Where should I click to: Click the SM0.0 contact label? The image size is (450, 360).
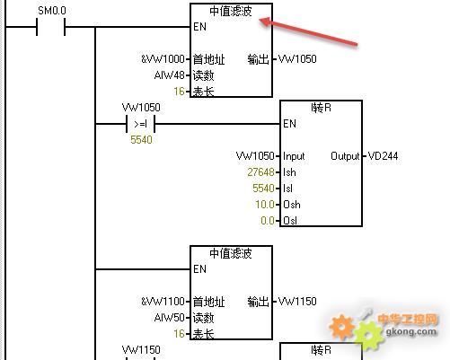(x=52, y=11)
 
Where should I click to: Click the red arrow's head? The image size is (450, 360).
(x=265, y=22)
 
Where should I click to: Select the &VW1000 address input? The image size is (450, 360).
(x=163, y=59)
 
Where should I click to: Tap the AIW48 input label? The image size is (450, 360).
(x=169, y=75)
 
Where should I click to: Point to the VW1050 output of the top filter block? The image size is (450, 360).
(x=297, y=59)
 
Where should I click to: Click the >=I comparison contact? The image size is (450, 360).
(x=140, y=124)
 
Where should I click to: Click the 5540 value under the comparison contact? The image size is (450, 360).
(x=141, y=140)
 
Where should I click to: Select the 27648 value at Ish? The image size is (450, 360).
(x=260, y=172)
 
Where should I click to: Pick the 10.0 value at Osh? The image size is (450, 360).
(x=265, y=205)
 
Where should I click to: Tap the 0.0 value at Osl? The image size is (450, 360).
(x=268, y=221)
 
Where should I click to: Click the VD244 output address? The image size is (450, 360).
(x=383, y=156)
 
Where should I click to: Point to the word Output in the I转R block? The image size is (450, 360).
(x=345, y=156)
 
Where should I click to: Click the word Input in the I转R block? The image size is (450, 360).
(x=294, y=156)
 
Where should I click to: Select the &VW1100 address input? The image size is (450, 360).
(x=163, y=301)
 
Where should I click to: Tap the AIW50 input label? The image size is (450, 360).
(x=169, y=317)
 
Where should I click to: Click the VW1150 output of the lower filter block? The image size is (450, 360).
(x=297, y=301)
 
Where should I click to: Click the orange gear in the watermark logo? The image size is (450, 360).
(x=341, y=327)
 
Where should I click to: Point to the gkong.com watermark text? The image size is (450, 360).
(x=410, y=331)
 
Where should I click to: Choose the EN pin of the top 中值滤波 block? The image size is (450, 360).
(x=199, y=27)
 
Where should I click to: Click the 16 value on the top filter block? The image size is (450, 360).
(x=179, y=91)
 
